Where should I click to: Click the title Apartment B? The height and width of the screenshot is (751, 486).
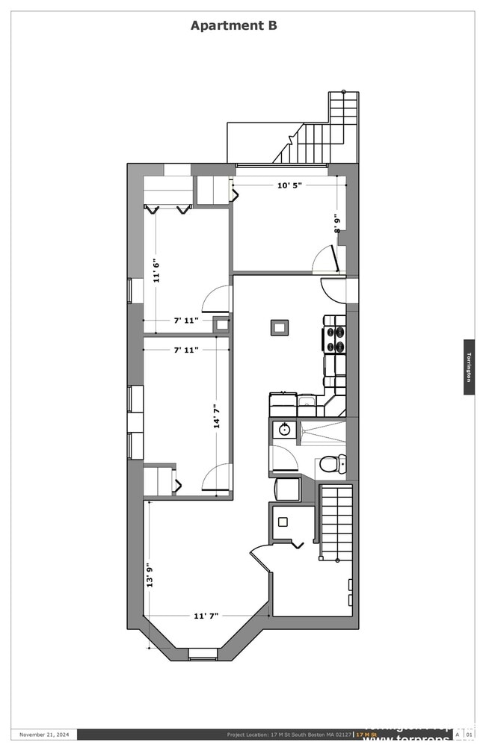click(x=233, y=25)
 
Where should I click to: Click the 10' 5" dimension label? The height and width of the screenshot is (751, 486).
click(x=289, y=185)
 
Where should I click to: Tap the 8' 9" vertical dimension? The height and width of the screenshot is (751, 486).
click(x=337, y=223)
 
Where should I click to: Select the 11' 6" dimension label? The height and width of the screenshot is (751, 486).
click(x=156, y=270)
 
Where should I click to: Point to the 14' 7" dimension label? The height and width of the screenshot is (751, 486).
click(x=217, y=415)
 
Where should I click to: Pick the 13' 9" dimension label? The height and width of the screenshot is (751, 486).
click(x=150, y=575)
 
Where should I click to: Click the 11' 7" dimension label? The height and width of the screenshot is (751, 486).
click(x=206, y=616)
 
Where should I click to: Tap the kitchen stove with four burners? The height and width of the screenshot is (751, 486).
click(x=335, y=339)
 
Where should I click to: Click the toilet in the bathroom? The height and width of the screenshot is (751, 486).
click(x=331, y=465)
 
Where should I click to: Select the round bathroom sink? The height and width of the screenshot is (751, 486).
click(x=284, y=429)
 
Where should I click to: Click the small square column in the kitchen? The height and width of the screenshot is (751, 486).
click(x=280, y=327)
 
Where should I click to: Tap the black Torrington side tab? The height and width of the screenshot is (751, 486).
click(x=469, y=367)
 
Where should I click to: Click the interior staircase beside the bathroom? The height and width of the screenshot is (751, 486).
click(x=336, y=521)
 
